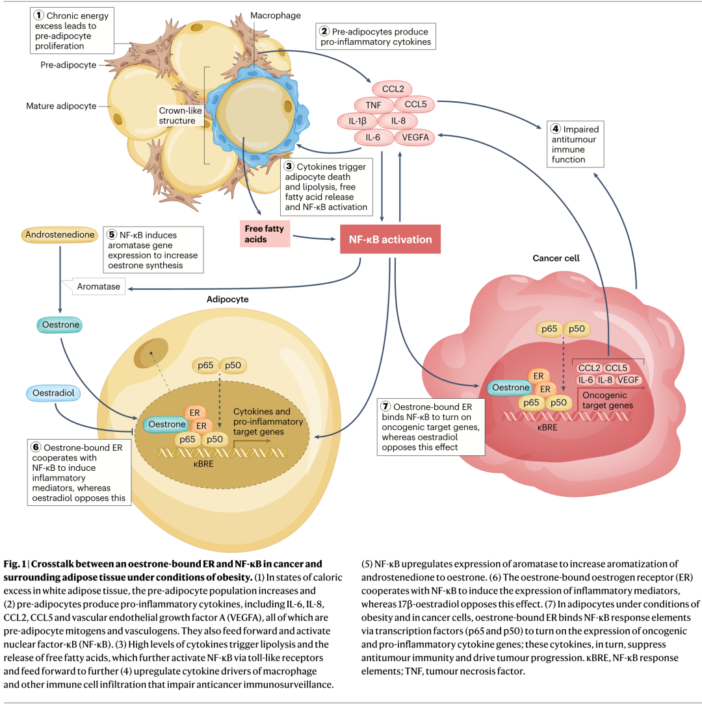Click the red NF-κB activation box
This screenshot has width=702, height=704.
tap(390, 239)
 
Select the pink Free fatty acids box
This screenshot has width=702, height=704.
tap(265, 234)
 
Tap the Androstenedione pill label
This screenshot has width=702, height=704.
tap(60, 235)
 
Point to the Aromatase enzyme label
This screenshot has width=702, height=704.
tap(98, 286)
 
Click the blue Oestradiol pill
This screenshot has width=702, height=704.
tap(53, 393)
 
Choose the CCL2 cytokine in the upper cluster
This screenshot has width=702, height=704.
tap(393, 89)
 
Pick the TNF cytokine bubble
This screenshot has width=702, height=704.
tap(374, 105)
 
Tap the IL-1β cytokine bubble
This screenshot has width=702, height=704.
tap(357, 121)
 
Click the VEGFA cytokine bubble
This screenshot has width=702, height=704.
tap(415, 138)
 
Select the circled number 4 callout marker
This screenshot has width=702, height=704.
tap(556, 129)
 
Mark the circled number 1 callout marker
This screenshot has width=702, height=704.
tap(39, 16)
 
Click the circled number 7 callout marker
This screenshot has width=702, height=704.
tap(386, 407)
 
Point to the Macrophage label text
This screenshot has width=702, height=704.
tap(276, 16)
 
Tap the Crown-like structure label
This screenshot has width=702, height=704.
tap(180, 116)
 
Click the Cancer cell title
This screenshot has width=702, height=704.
tap(556, 258)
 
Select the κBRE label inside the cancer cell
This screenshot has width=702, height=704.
tap(547, 427)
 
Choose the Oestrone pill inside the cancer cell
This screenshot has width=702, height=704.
tap(510, 388)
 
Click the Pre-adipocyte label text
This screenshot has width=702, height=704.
tap(68, 65)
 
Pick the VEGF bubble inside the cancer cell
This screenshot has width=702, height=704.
tap(628, 380)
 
